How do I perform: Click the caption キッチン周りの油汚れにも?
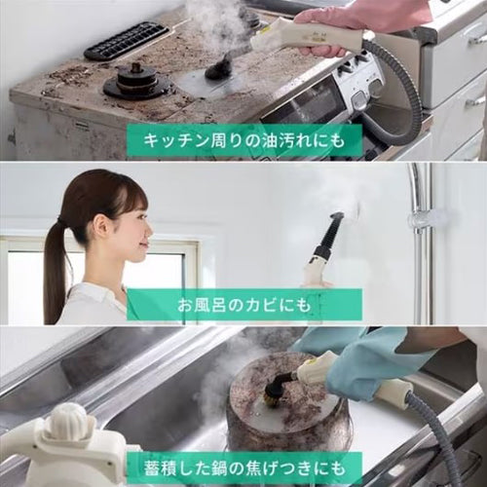pyautogui.click(x=243, y=141)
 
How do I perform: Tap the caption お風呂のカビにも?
pyautogui.click(x=243, y=304)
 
